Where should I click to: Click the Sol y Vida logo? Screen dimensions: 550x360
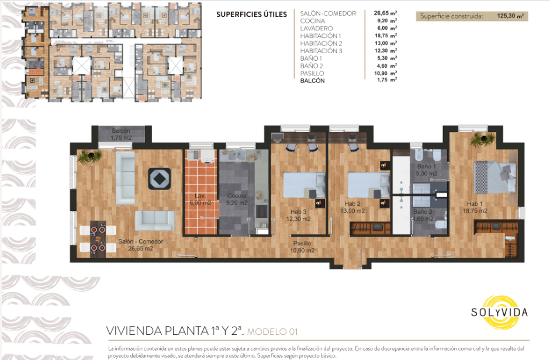(x=500, y=312)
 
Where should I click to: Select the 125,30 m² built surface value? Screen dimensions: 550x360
(x=510, y=16)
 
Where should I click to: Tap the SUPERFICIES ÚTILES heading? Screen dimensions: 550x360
(x=251, y=15)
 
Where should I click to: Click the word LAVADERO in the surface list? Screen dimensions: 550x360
(x=316, y=29)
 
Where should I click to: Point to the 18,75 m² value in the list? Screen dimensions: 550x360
(x=386, y=36)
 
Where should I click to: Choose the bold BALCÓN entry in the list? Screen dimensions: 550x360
(x=313, y=81)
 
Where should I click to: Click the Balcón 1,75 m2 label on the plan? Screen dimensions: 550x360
(x=121, y=134)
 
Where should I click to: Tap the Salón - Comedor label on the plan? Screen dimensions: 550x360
(x=140, y=245)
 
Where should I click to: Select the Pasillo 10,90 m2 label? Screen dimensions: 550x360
(x=302, y=247)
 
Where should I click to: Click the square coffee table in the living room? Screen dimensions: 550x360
(x=159, y=179)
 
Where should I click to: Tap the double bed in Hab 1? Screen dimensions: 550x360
(x=495, y=177)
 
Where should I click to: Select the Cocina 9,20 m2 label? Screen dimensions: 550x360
(x=237, y=199)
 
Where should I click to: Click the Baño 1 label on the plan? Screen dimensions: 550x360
(x=427, y=170)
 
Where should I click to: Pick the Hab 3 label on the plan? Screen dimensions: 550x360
(x=298, y=215)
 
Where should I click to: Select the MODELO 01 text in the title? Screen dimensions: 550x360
(x=272, y=331)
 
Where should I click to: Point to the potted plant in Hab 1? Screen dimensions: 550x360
(x=482, y=139)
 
